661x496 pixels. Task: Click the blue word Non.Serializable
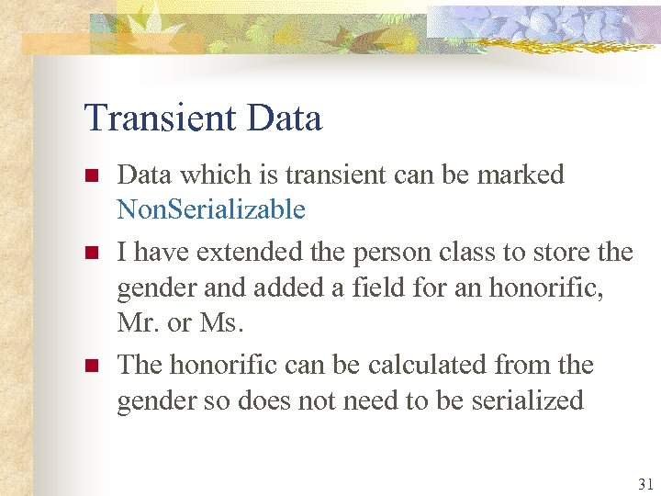[210, 210]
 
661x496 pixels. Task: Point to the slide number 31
[644, 483]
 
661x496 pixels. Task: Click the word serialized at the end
[526, 401]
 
